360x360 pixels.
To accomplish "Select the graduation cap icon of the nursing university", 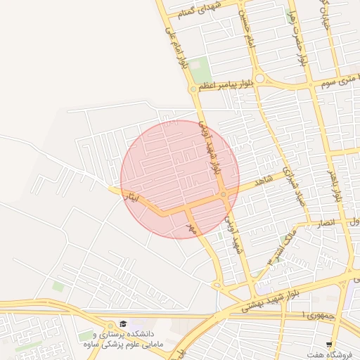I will pos(124,324).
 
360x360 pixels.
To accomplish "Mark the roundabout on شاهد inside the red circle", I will pos(223,195).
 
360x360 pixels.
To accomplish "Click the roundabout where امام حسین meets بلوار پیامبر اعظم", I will pos(259,79).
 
